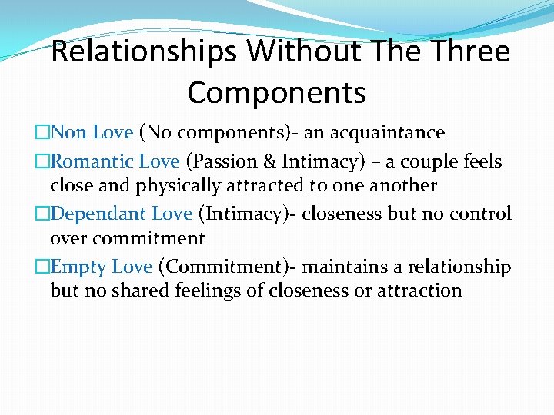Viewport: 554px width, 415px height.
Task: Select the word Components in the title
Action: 276,93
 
